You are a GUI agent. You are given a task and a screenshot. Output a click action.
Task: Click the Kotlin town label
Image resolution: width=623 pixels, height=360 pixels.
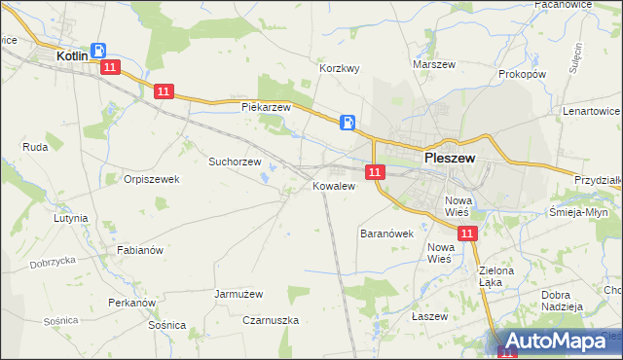pyautogui.click(x=72, y=57)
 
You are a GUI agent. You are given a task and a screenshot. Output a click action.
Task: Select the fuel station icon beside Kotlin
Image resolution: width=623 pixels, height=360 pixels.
pyautogui.click(x=98, y=51)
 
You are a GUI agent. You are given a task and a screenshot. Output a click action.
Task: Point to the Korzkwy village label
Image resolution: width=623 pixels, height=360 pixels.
pyautogui.click(x=341, y=69)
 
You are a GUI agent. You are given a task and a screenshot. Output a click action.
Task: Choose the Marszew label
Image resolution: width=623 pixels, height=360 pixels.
pyautogui.click(x=434, y=64)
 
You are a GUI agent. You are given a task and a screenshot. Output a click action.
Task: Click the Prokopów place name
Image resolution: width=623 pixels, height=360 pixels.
pyautogui.click(x=522, y=74)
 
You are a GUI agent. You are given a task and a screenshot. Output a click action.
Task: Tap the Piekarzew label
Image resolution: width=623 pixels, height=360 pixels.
pyautogui.click(x=267, y=107)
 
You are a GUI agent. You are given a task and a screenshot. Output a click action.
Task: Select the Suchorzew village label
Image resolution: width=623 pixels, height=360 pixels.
pyautogui.click(x=236, y=162)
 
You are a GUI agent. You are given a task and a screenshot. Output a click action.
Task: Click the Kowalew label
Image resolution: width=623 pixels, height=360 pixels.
pyautogui.click(x=332, y=185)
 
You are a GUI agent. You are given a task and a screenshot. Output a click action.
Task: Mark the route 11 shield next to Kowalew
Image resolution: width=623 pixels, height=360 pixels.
pyautogui.click(x=375, y=172)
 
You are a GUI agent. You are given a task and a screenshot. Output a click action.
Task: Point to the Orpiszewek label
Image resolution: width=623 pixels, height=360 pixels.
pyautogui.click(x=152, y=179)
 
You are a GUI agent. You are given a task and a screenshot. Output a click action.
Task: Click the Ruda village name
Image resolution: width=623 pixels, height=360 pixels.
pyautogui.click(x=35, y=147)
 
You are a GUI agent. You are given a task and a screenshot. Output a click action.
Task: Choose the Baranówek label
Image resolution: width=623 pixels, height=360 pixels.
pyautogui.click(x=387, y=234)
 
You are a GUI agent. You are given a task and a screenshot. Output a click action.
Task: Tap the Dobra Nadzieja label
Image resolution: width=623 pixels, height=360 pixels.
pyautogui.click(x=562, y=300)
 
